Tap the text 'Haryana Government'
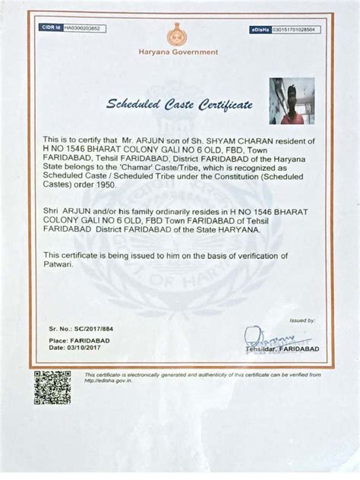pos(178,52)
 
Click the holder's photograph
pos(291,100)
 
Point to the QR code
pos(52,387)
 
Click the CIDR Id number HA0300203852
pos(82,28)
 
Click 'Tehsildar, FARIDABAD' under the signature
pos(278,349)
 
